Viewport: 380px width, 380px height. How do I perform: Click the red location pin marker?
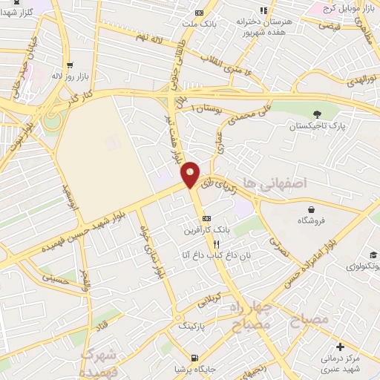click(191, 174)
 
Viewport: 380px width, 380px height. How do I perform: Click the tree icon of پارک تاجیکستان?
click(317, 114)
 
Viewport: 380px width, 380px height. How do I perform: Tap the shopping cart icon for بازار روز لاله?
click(69, 65)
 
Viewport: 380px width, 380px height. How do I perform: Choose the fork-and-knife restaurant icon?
click(217, 243)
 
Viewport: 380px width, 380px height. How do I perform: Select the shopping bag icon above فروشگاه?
click(315, 208)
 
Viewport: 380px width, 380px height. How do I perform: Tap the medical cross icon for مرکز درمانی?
click(340, 347)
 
